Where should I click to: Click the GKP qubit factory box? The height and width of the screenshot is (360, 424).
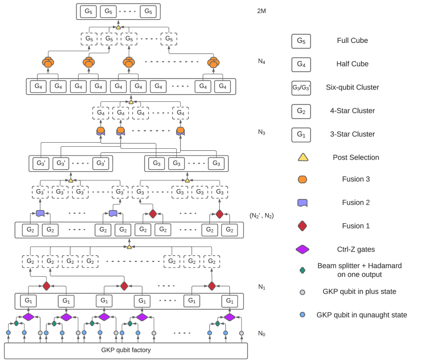(x=126, y=350)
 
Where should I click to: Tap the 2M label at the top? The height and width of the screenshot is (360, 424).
(x=262, y=11)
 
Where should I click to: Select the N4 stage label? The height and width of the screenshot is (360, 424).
(x=262, y=62)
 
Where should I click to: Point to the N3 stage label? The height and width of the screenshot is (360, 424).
(x=262, y=132)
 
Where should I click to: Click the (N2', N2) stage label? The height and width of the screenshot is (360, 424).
(x=262, y=215)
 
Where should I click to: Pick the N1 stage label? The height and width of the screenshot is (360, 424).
(x=262, y=287)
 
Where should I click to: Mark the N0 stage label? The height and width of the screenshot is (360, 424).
(x=262, y=333)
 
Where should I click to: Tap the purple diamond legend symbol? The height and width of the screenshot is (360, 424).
(x=302, y=250)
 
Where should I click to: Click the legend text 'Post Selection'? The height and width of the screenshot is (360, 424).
(x=356, y=157)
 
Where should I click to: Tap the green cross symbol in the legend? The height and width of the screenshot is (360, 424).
(x=302, y=269)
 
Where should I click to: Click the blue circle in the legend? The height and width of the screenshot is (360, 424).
(x=302, y=315)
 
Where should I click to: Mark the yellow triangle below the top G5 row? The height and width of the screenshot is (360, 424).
(x=118, y=27)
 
